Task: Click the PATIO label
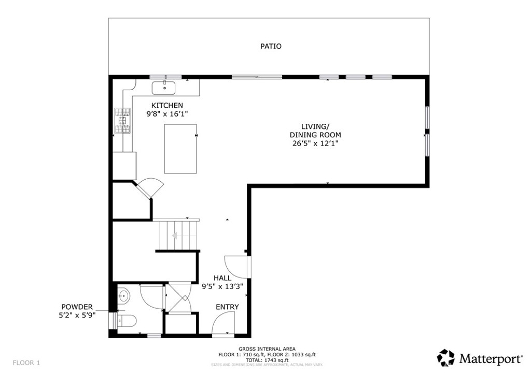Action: coord(271,47)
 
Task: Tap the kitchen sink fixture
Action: coord(164,87)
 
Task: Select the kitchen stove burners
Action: coord(123,121)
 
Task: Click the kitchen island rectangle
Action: coord(180,149)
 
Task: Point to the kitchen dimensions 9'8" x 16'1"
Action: coord(166,113)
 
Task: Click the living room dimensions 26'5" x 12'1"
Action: coord(315,143)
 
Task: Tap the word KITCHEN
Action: coord(167,105)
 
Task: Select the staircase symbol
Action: coord(179,235)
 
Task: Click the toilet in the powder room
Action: coord(127,321)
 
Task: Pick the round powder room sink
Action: coord(123,297)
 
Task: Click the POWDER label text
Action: coord(77,307)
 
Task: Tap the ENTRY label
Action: coord(227,307)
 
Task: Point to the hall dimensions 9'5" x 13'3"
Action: coord(222,286)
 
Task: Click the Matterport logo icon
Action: coord(446,357)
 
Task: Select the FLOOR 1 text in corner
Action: coord(26,362)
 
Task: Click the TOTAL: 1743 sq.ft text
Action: coord(268,359)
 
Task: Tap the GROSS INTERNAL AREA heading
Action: coord(268,349)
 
